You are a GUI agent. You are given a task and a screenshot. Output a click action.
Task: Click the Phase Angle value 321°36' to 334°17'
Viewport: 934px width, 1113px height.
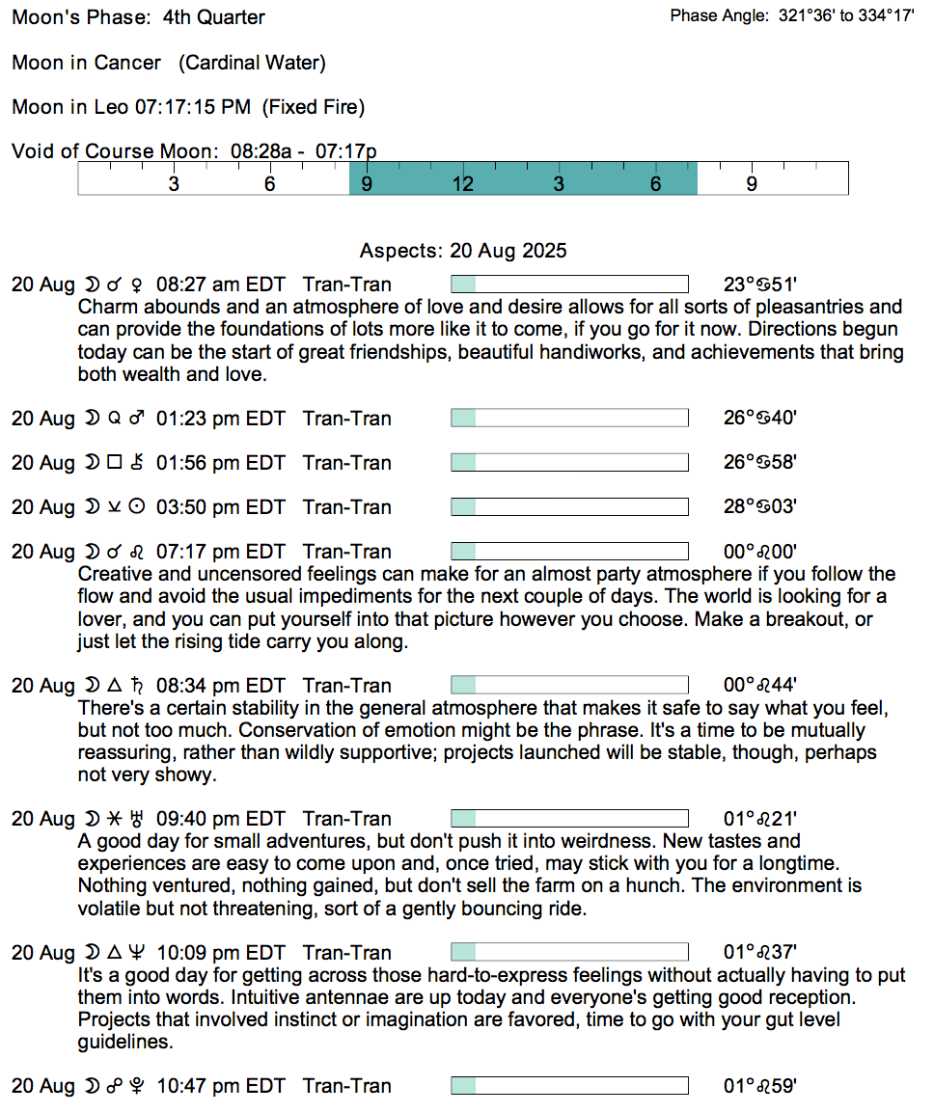846,16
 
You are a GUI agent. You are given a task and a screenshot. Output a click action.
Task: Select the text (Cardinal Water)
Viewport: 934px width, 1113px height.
252,63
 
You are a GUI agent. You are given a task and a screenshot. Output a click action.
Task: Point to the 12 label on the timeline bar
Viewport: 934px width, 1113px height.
462,184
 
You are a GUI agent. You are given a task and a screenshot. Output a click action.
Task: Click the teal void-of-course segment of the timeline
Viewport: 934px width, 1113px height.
522,178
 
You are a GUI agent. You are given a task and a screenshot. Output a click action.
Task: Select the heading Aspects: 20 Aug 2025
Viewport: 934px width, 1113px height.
463,251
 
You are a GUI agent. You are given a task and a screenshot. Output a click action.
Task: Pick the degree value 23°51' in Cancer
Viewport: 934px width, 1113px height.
759,285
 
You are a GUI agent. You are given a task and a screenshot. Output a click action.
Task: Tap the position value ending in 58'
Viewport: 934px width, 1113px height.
759,463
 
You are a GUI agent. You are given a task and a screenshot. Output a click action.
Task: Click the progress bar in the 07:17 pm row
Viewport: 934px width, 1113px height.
569,552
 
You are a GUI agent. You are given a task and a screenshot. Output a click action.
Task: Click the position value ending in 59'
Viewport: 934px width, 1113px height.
759,1086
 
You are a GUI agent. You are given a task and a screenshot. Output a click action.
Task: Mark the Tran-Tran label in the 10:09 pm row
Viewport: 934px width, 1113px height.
346,953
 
